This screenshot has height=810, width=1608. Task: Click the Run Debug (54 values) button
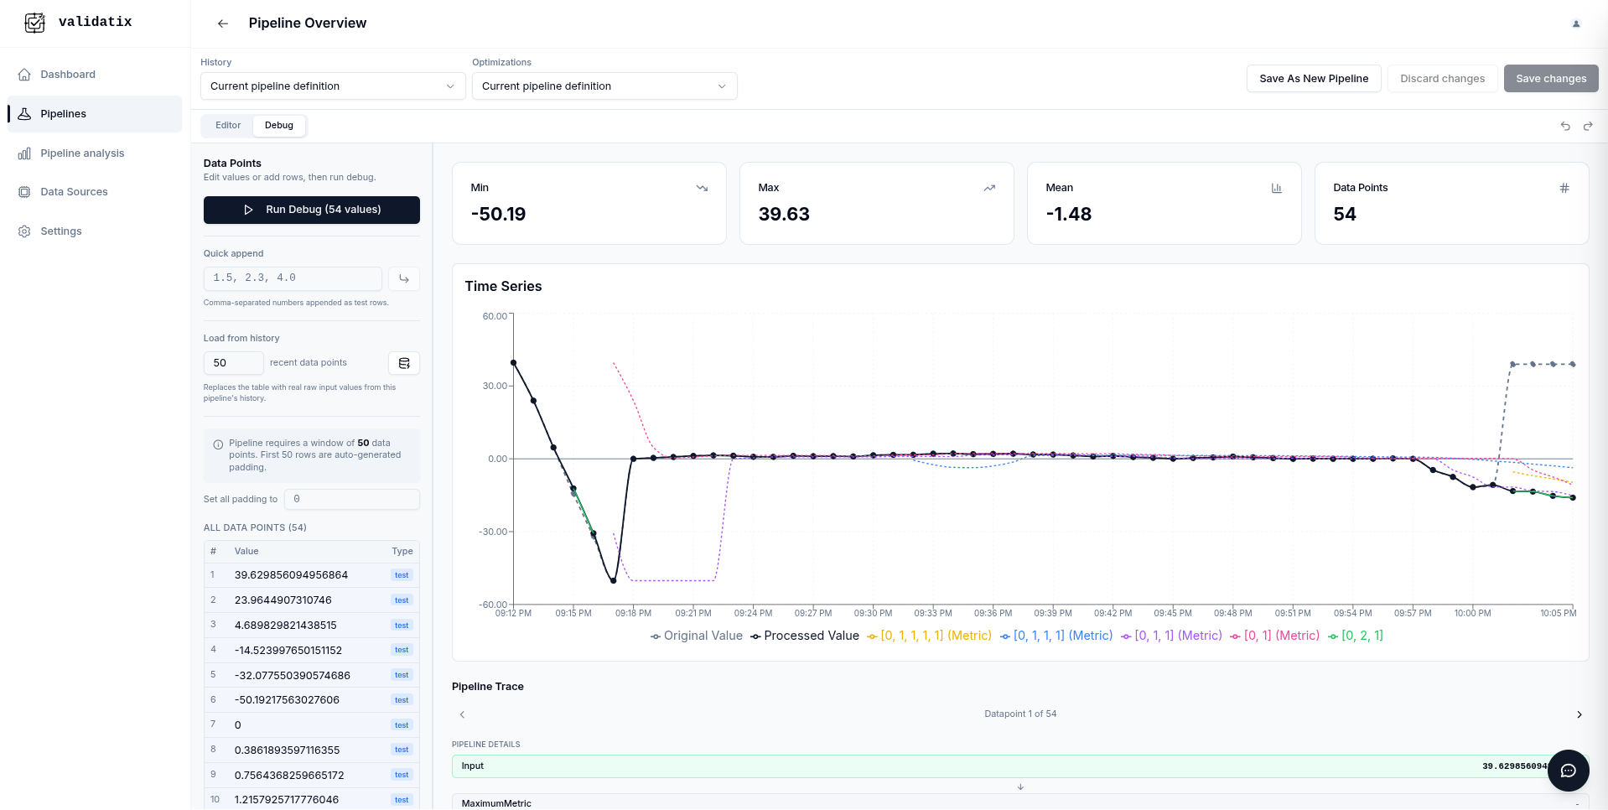coord(311,210)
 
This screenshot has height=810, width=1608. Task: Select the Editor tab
coord(227,126)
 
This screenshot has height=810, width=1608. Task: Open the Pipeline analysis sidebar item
coord(82,153)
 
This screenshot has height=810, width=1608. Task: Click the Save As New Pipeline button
coord(1313,79)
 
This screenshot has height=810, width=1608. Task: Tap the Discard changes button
coord(1441,79)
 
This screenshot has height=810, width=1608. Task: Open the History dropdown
coord(332,86)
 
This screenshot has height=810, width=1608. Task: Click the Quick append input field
coord(293,278)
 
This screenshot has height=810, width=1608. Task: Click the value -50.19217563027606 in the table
coord(287,700)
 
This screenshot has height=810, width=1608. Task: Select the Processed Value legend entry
coord(805,636)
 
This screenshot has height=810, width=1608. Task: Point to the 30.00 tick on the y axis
coord(495,386)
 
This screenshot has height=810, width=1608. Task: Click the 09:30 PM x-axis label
coord(873,614)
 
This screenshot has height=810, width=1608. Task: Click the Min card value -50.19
coord(499,215)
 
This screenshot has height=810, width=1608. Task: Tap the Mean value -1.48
coord(1068,215)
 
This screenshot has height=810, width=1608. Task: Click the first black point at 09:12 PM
coord(514,363)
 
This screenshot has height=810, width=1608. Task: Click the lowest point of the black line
coord(614,580)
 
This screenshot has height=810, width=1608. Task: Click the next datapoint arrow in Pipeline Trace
coord(1579,714)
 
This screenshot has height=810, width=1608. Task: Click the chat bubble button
coord(1568,771)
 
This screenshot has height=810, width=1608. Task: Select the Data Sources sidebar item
coord(74,192)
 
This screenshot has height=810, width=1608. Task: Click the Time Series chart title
coord(503,287)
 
